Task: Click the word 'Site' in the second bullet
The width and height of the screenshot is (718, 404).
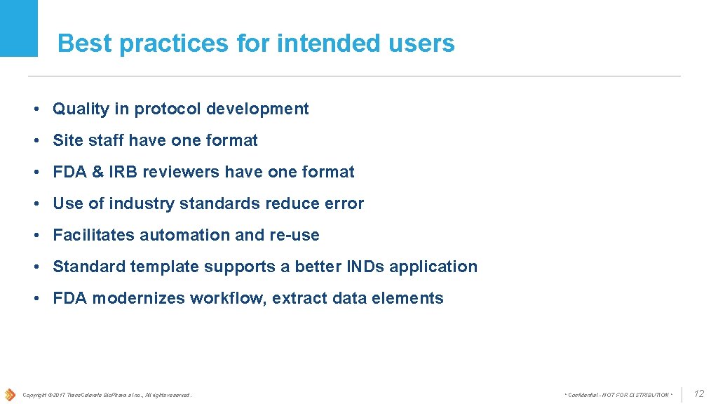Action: [x=68, y=140]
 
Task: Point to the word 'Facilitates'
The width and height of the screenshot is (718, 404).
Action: [x=94, y=235]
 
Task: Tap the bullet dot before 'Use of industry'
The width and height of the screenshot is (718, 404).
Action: [x=35, y=203]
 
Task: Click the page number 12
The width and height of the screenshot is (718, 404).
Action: [x=698, y=394]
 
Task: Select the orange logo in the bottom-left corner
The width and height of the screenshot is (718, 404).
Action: [x=10, y=394]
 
